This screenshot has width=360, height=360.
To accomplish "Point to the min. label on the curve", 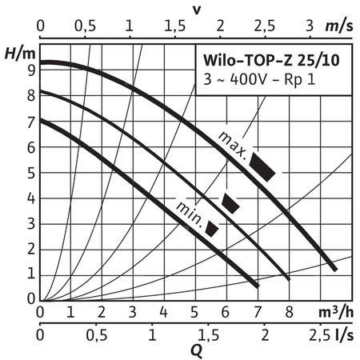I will pyautogui.click(x=189, y=213).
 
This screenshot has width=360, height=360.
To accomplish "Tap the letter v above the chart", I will pyautogui.click(x=197, y=10).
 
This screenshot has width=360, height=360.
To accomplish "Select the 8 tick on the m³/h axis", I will pyautogui.click(x=289, y=310).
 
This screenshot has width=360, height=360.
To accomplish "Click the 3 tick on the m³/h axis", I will pyautogui.click(x=133, y=310).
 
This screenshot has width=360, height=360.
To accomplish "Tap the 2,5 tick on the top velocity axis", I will pyautogui.click(x=264, y=26).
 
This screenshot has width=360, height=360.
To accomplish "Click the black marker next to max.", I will pyautogui.click(x=263, y=166).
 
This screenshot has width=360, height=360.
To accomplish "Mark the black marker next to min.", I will pyautogui.click(x=212, y=228).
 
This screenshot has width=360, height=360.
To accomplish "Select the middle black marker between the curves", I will pyautogui.click(x=230, y=202).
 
